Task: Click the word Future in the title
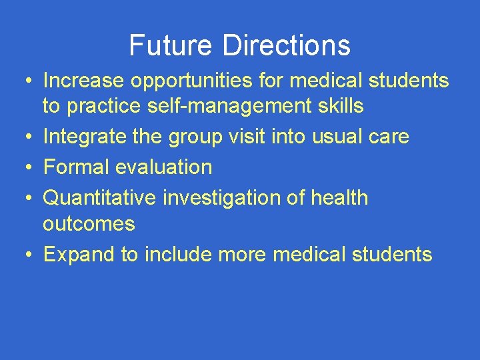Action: coord(171,45)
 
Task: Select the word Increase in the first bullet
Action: coord(83,81)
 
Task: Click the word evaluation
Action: coord(163,167)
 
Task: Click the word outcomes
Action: coord(89,223)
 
